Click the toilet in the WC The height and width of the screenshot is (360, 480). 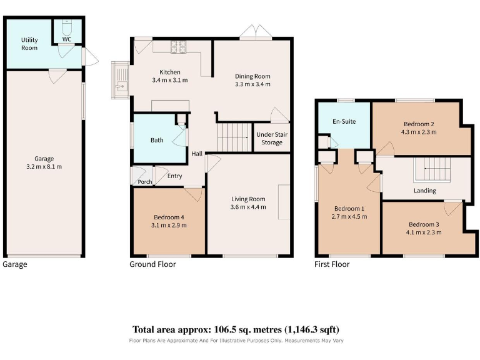click(x=66, y=27)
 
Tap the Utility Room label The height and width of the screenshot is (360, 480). click(x=29, y=44)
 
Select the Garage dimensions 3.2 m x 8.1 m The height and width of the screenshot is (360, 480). click(x=44, y=167)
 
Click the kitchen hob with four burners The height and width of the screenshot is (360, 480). click(x=179, y=47)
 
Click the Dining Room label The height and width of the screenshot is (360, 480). click(x=252, y=76)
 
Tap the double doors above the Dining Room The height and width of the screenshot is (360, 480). click(x=256, y=31)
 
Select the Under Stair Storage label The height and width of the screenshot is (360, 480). click(x=272, y=138)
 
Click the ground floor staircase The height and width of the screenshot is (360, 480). click(x=234, y=137)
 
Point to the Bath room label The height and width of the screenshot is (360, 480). click(x=157, y=140)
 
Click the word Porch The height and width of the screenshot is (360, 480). click(x=145, y=182)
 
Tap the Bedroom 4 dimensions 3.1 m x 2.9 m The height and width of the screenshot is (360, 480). click(x=169, y=225)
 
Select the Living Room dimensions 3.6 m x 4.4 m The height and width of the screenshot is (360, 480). click(x=248, y=207)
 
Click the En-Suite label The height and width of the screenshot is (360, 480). click(x=344, y=121)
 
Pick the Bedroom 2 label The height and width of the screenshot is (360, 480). click(x=419, y=124)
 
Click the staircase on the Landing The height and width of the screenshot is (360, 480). click(x=432, y=170)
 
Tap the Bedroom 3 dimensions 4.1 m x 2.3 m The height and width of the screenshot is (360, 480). click(x=424, y=232)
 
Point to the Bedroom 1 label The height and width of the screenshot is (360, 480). click(x=349, y=209)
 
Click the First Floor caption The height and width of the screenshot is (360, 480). click(x=332, y=264)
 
